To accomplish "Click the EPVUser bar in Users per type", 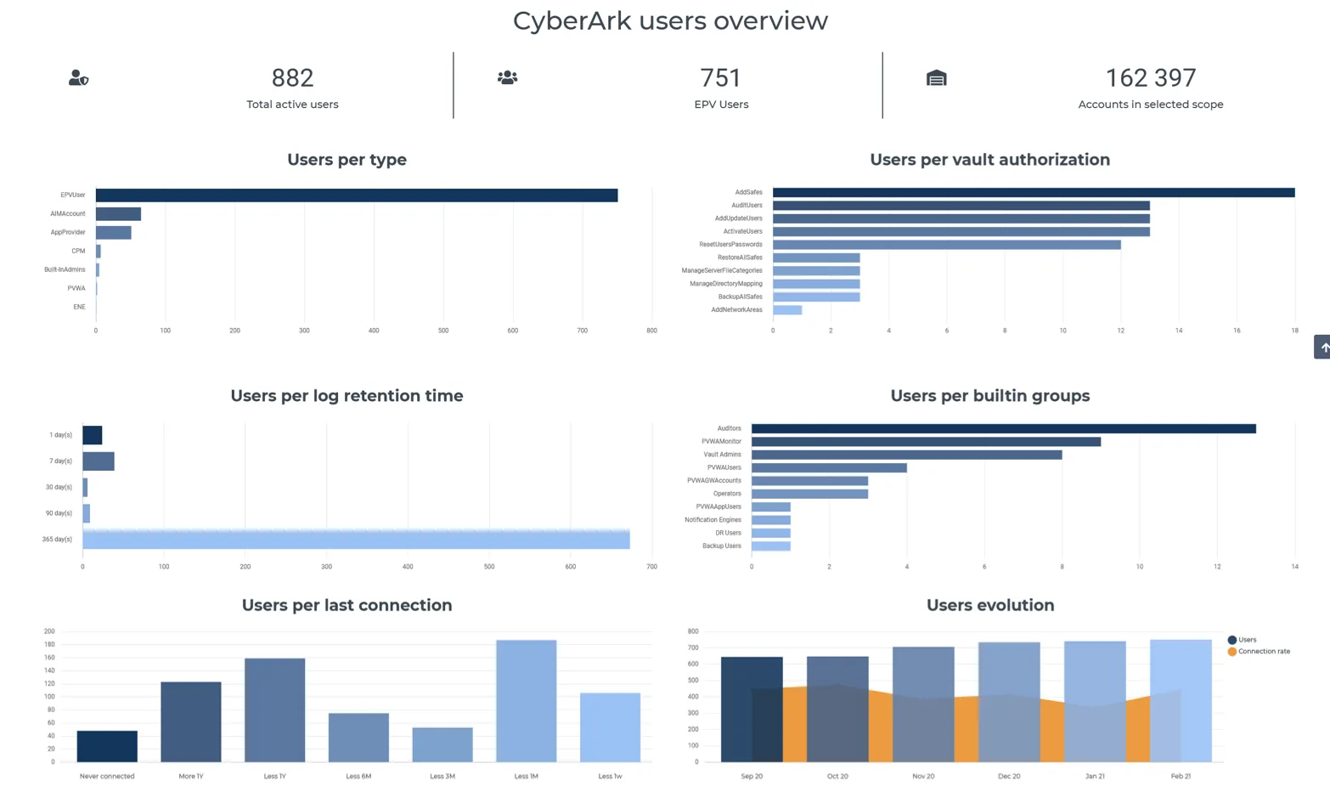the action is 356,195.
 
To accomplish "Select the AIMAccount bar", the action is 118,214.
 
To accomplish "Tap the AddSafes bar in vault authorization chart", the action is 1034,193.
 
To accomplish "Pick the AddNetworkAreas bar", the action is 787,310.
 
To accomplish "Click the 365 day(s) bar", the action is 356,539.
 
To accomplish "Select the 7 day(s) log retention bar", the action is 99,461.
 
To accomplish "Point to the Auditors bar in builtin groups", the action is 1003,428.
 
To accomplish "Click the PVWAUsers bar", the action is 829,467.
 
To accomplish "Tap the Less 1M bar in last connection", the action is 526,701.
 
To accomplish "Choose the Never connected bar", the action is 107,746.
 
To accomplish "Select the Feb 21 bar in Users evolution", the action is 1181,701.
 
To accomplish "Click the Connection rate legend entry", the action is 1259,652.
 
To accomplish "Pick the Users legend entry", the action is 1243,640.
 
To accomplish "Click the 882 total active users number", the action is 292,78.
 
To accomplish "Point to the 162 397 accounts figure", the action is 1151,78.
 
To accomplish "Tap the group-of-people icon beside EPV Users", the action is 508,77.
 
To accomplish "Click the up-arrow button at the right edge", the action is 1322,347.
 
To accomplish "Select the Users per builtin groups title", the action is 989,396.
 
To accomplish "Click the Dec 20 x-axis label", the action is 1009,776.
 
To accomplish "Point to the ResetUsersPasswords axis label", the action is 730,244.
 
